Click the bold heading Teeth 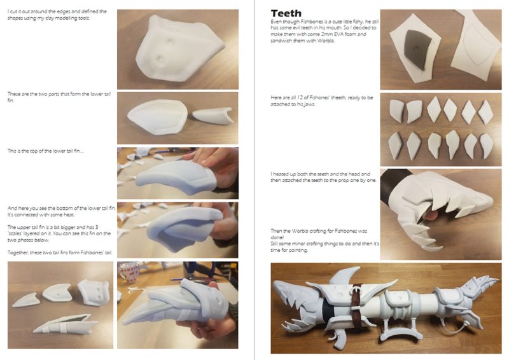(x=286, y=13)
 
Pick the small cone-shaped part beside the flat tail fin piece (x=213, y=115)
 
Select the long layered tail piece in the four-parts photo (x=65, y=324)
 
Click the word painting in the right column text (x=297, y=250)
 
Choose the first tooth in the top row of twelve (x=396, y=111)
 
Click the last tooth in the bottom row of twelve (x=487, y=146)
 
